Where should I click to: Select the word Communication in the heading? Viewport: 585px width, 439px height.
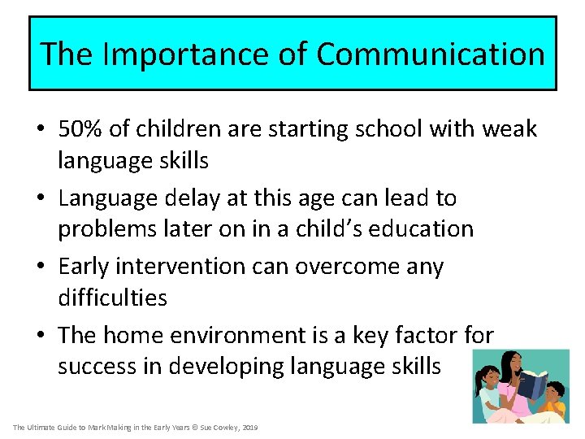click(x=430, y=54)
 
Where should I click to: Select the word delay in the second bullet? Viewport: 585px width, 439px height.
click(x=201, y=198)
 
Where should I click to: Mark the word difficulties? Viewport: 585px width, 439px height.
click(x=112, y=298)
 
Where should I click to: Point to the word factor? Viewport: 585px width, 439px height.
click(x=430, y=334)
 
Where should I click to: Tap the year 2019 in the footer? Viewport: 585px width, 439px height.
click(x=249, y=428)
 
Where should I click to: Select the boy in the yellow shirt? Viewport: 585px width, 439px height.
click(x=554, y=398)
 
